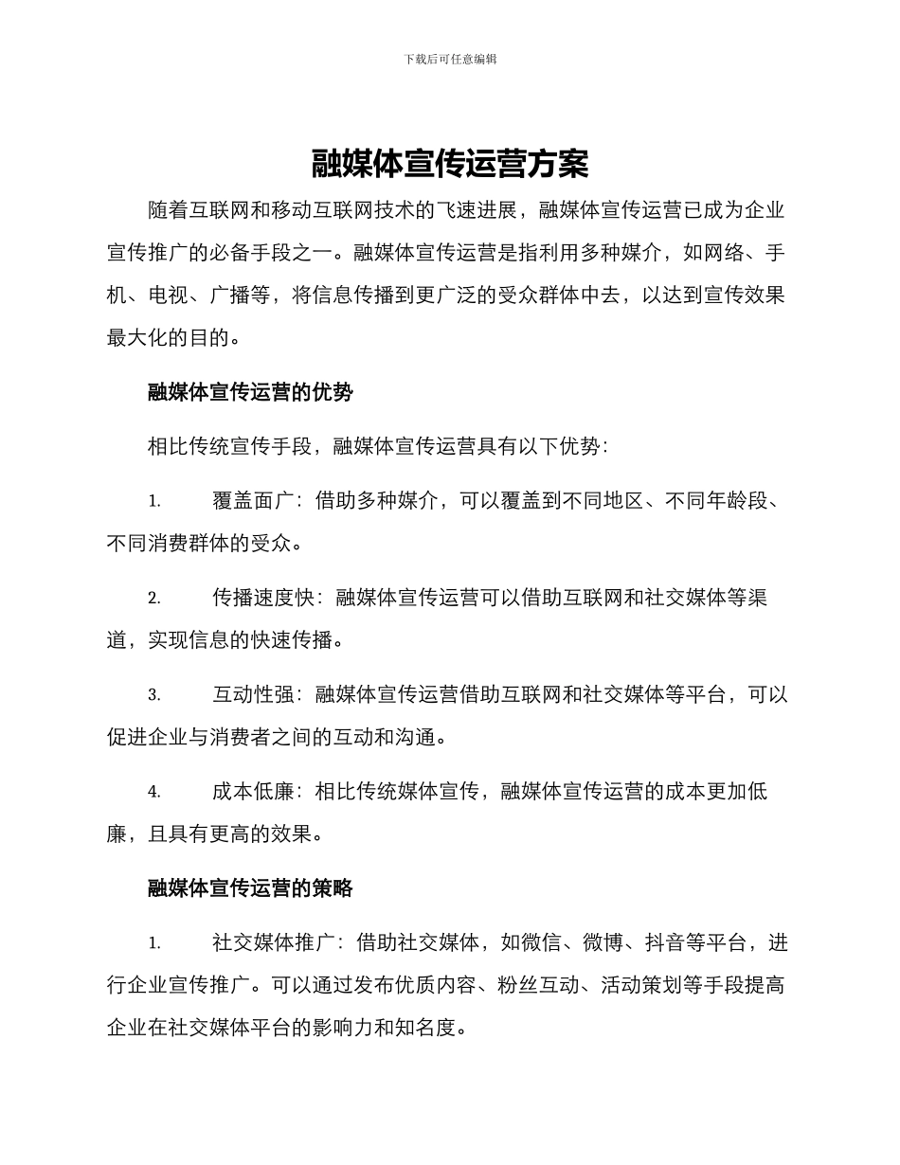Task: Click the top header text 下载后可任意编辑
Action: click(450, 59)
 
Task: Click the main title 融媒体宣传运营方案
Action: click(450, 165)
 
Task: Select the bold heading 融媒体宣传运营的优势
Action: click(250, 392)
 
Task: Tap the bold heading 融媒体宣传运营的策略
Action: click(250, 888)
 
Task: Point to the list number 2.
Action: click(153, 599)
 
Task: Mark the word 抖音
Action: click(666, 944)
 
